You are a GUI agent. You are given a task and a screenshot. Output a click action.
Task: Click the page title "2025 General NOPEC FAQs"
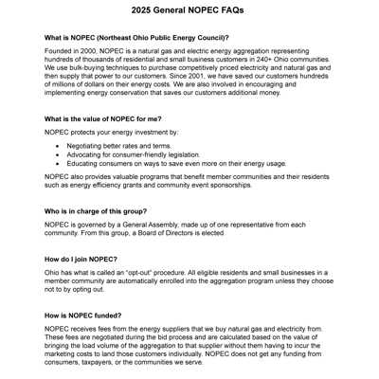point(189,11)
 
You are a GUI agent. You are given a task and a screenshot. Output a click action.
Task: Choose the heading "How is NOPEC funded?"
point(83,315)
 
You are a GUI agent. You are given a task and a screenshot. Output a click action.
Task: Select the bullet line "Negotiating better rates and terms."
point(119,147)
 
